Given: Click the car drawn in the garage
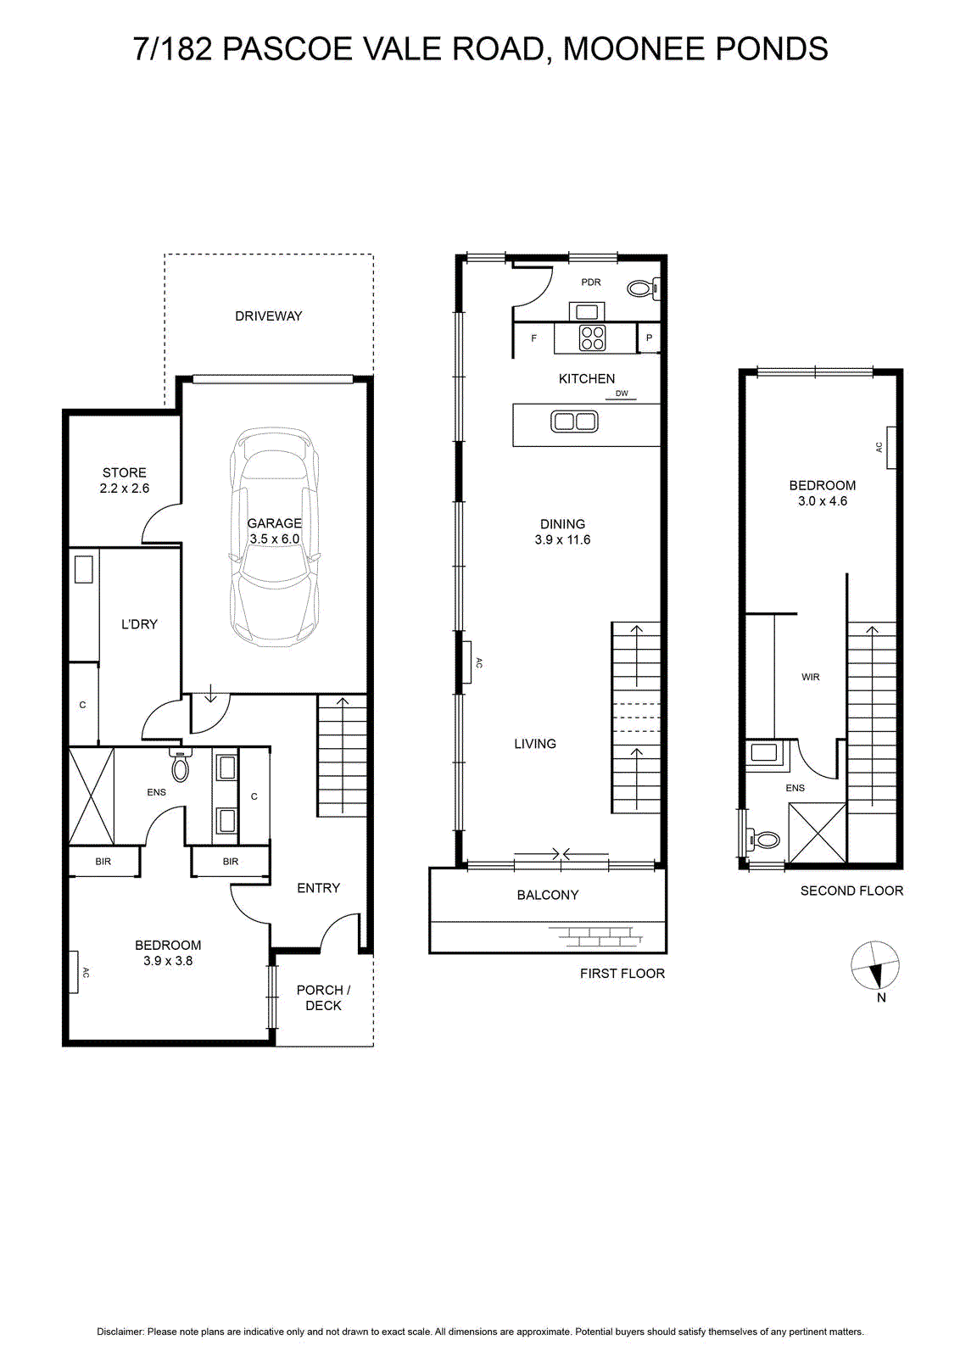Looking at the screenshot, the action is pos(275,538).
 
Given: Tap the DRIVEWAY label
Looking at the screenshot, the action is pos(268,316).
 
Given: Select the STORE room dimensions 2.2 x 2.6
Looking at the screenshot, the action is pos(124,489).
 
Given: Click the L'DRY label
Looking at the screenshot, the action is pos(139,624).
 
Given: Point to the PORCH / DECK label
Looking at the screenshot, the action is pos(323,997).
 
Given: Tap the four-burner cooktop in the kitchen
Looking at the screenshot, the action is pos(592,338).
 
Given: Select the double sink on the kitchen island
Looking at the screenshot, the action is pos(574,422).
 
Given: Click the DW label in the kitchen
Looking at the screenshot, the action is pos(622,394).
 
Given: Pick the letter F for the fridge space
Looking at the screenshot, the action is pos(533,338).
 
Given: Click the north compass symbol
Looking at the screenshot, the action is pos(874,966).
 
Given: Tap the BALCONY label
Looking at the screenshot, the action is pos(548,895).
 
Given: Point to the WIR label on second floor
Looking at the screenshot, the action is pos(811,678).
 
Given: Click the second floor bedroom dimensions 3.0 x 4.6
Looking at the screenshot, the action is pos(823,501).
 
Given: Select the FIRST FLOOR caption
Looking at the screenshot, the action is pos(622,974).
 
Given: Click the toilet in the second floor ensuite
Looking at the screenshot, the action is pos(762,840).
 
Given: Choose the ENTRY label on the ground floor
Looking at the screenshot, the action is pos(318,888).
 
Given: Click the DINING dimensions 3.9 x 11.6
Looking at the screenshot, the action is pos(562,539).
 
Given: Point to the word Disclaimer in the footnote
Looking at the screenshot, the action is pos(120,1332).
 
